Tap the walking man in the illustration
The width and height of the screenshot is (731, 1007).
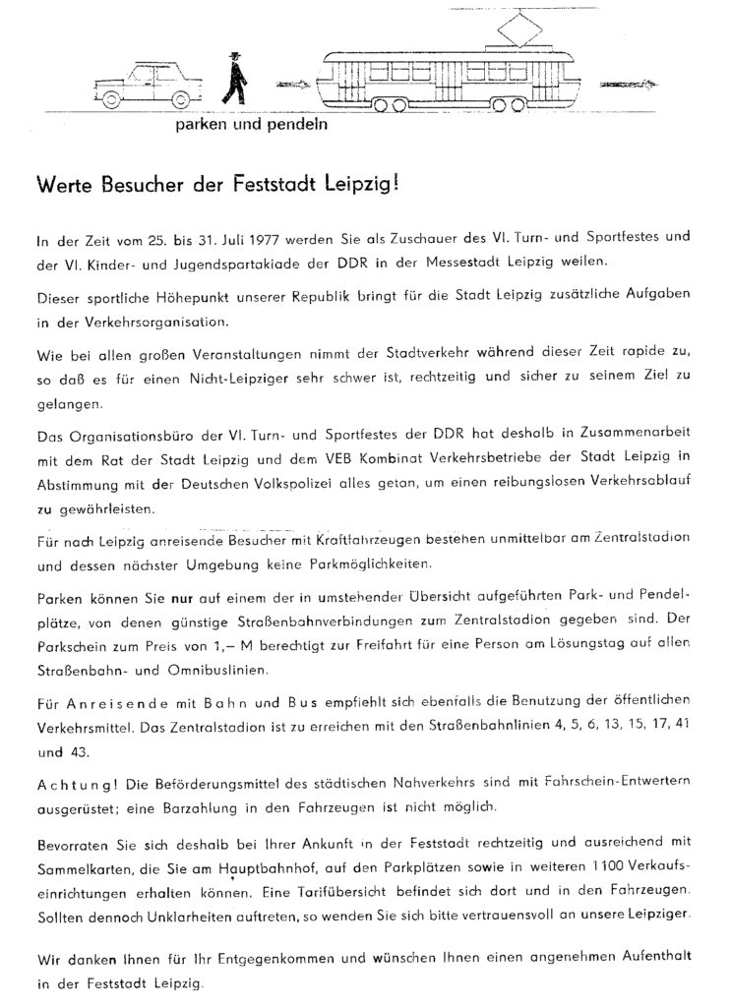[233, 78]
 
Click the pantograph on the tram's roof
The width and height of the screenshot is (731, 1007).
[513, 29]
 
